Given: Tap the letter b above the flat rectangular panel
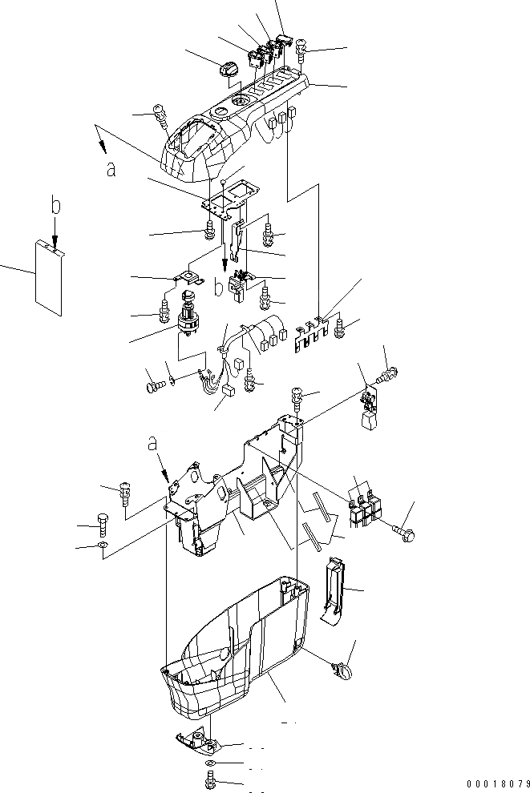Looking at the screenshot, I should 55,207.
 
